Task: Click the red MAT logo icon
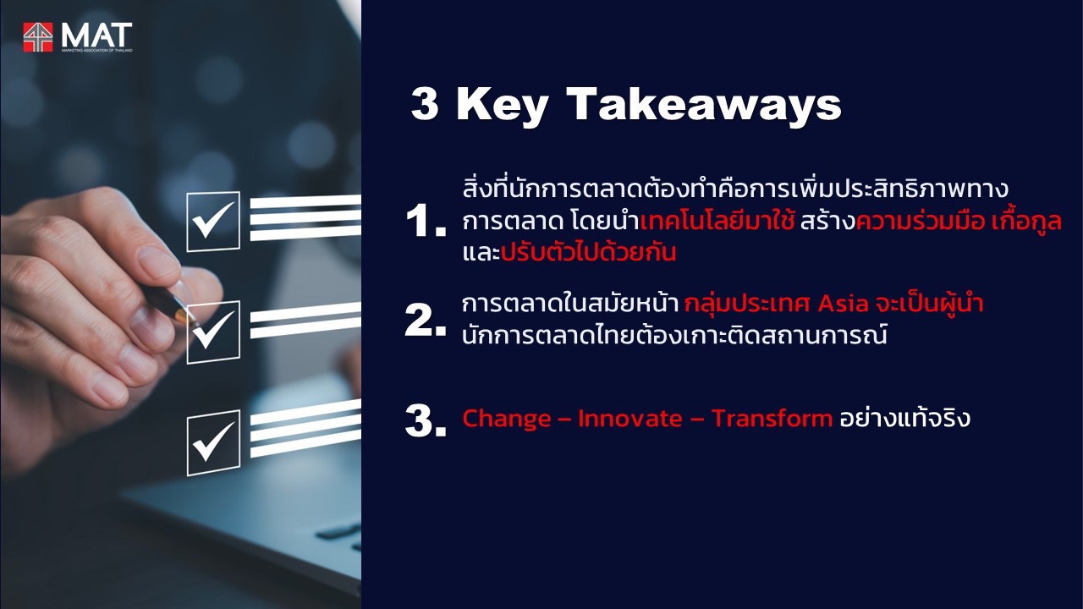point(38,36)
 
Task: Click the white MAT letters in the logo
point(96,35)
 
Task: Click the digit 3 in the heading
point(425,103)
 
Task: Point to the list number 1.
point(426,221)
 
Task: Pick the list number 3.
point(426,420)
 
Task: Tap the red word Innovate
point(630,418)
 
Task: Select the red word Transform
point(772,418)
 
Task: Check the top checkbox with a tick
point(213,222)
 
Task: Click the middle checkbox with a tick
point(213,332)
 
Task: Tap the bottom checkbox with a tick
point(213,442)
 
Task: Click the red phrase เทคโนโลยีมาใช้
point(717,221)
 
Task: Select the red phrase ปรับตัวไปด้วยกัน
point(588,251)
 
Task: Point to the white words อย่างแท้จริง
point(904,417)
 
